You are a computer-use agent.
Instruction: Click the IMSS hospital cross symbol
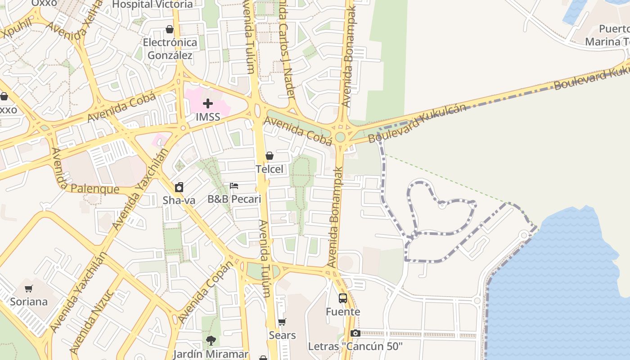coord(207,104)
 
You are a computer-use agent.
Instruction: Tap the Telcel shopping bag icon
coord(270,156)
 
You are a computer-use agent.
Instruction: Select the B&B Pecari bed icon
coord(234,185)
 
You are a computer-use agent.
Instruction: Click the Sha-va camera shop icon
coord(179,187)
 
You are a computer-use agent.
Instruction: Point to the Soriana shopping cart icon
coord(29,288)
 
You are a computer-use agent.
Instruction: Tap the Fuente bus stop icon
coord(343,298)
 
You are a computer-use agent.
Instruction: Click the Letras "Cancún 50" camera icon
coord(355,333)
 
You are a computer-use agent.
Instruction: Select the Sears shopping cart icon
coord(282,322)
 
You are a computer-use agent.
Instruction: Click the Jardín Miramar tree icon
coord(211,341)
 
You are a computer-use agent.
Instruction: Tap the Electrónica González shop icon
coord(170,29)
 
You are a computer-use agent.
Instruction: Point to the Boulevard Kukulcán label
coord(416,123)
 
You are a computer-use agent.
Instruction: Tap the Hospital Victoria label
coord(152,4)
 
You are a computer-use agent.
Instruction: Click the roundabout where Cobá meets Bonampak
coord(340,137)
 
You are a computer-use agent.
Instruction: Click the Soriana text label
coord(29,301)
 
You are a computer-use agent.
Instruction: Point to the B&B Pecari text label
coord(234,199)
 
